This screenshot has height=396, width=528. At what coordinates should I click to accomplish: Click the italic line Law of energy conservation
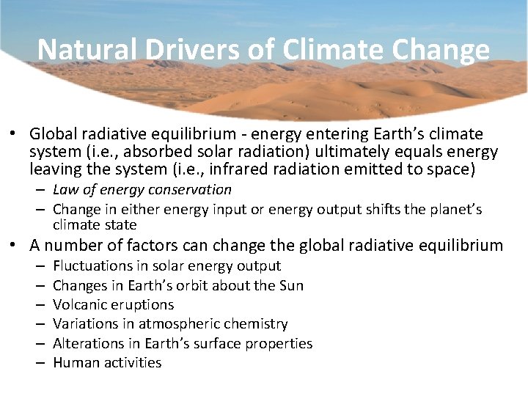click(142, 190)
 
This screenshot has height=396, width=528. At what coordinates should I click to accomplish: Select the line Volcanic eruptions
click(114, 304)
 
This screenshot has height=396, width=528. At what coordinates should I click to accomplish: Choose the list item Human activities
click(107, 362)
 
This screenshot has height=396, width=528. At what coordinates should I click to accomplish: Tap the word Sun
click(292, 285)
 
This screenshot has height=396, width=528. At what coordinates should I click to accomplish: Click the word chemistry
click(257, 323)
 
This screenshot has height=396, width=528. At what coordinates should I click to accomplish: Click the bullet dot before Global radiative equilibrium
click(13, 135)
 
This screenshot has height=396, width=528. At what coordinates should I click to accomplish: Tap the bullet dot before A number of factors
click(13, 245)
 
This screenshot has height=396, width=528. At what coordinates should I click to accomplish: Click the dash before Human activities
click(37, 362)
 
